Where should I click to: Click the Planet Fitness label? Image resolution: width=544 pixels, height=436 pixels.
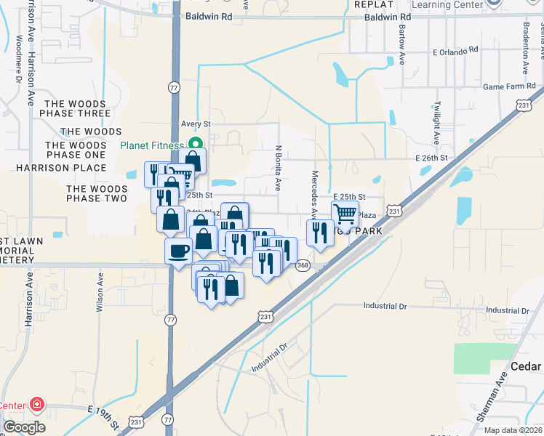[x=152, y=145]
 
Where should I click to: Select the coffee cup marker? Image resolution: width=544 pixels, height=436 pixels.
[x=178, y=252]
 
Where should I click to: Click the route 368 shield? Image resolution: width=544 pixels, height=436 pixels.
[x=303, y=266]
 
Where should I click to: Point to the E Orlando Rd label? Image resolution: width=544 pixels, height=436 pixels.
[x=455, y=51]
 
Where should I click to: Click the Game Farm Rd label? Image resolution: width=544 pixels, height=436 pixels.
[x=509, y=86]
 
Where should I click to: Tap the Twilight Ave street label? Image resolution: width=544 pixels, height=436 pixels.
[x=436, y=123]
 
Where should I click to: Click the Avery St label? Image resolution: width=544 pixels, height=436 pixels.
[x=196, y=124]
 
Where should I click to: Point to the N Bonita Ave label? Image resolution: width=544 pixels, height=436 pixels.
[x=278, y=168]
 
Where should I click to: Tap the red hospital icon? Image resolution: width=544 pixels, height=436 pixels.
[x=36, y=405]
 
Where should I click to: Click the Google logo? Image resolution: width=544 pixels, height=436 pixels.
[x=24, y=427]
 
